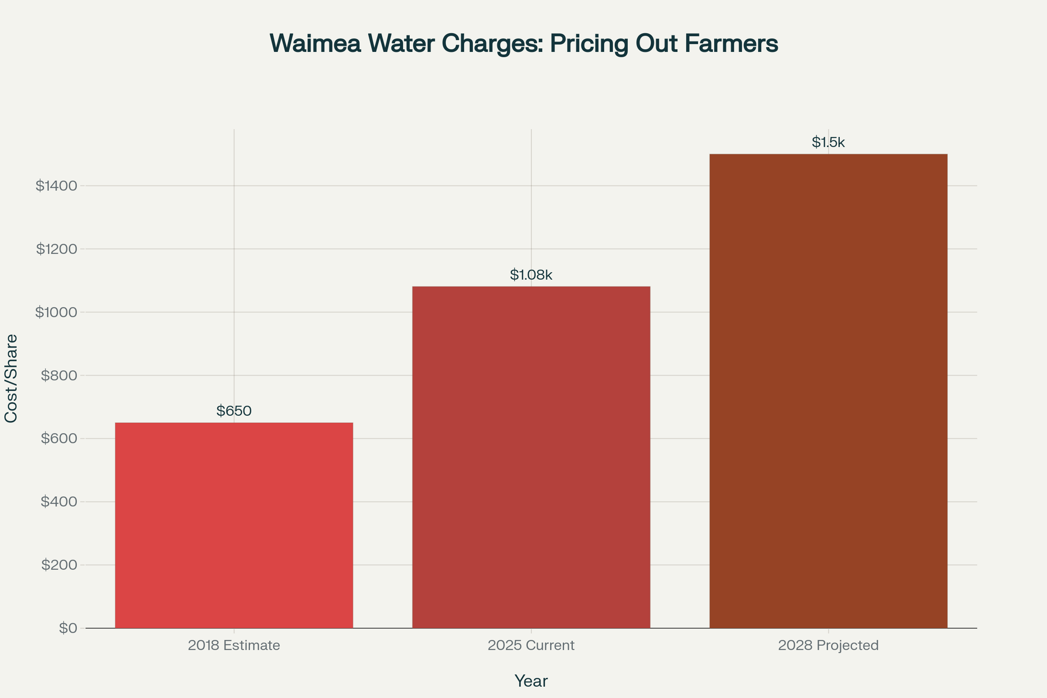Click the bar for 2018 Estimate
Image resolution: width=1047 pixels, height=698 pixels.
pyautogui.click(x=234, y=525)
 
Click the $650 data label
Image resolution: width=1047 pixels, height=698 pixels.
pyautogui.click(x=234, y=411)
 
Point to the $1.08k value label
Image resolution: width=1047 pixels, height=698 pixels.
pyautogui.click(x=530, y=275)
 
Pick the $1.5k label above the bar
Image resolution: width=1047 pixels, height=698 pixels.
pyautogui.click(x=828, y=142)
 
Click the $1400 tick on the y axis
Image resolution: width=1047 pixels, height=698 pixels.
pyautogui.click(x=57, y=186)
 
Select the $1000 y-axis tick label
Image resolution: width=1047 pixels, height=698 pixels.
pyautogui.click(x=57, y=312)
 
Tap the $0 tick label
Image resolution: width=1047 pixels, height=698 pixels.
pyautogui.click(x=68, y=628)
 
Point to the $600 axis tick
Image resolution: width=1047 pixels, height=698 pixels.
pyautogui.click(x=59, y=438)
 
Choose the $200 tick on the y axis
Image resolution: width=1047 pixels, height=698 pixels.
pyautogui.click(x=59, y=565)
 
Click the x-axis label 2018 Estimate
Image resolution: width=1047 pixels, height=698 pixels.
pyautogui.click(x=234, y=645)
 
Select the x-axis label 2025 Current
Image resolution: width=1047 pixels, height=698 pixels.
pyautogui.click(x=530, y=645)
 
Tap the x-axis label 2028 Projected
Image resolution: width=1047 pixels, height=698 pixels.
pyautogui.click(x=828, y=645)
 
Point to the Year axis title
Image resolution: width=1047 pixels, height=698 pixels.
pyautogui.click(x=530, y=681)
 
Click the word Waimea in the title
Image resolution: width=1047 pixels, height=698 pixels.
pyautogui.click(x=315, y=43)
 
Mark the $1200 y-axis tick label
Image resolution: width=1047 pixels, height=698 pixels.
pyautogui.click(x=57, y=249)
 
